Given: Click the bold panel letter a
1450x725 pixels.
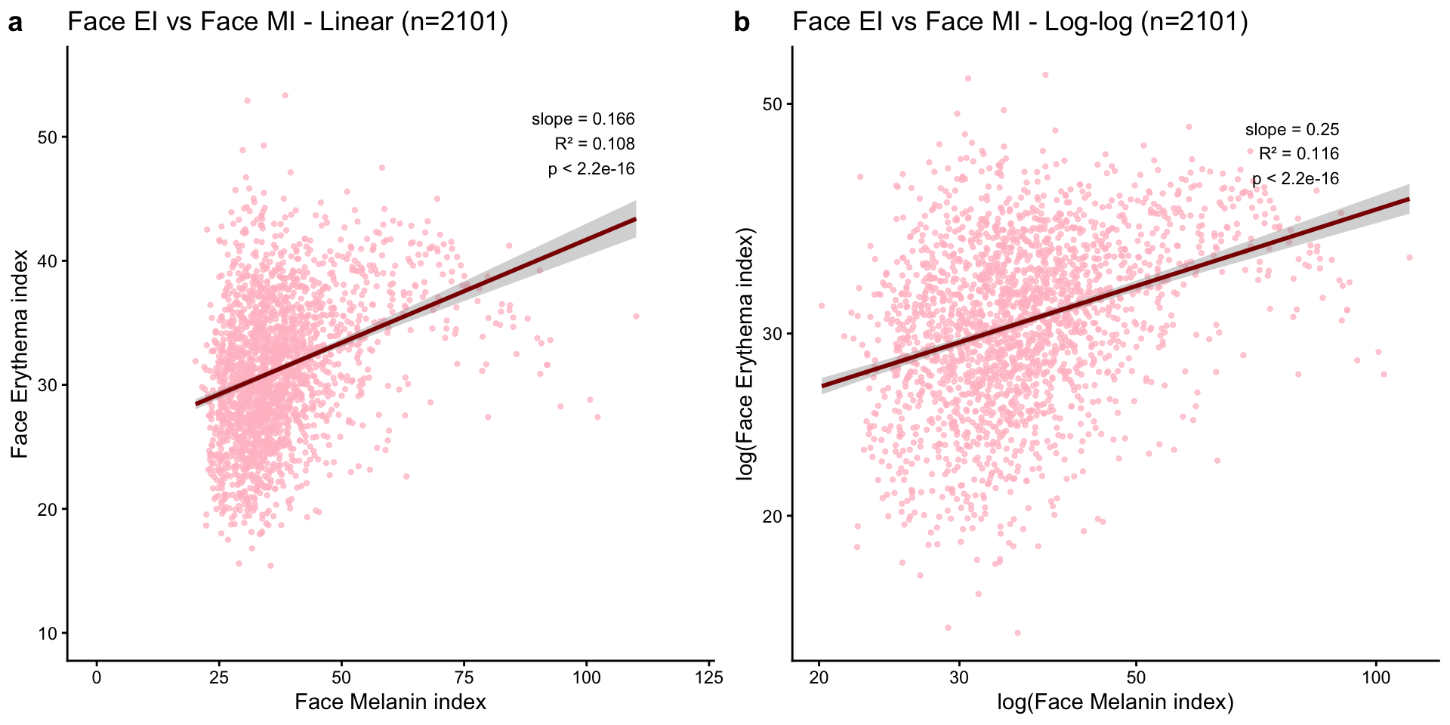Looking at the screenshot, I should click(x=15, y=23).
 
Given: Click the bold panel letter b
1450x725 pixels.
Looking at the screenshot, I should click(x=742, y=23).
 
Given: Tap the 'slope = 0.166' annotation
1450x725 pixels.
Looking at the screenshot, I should click(x=583, y=119).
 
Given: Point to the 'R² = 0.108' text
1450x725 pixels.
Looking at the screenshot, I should click(x=594, y=143).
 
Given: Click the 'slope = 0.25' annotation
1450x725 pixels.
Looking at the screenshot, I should click(x=1292, y=130).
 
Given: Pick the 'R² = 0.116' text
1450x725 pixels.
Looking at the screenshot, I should click(x=1299, y=154).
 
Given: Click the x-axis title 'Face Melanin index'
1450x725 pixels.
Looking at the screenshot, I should click(x=390, y=702).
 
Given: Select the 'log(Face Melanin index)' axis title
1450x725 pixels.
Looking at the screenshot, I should click(x=1115, y=702).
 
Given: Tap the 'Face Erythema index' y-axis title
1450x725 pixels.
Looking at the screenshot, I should click(x=20, y=353).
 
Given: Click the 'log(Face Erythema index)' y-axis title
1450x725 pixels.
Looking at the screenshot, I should click(x=746, y=353).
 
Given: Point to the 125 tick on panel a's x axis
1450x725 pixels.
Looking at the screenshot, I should click(x=710, y=678).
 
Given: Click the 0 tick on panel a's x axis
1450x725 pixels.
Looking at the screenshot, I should click(x=97, y=678).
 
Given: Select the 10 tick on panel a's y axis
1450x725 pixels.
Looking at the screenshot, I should click(x=48, y=634).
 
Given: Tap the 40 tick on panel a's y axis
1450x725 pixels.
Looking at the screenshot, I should click(x=48, y=261).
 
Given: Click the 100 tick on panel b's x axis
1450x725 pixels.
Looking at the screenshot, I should click(x=1376, y=678).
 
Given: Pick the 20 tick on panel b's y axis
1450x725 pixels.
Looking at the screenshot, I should click(x=772, y=517).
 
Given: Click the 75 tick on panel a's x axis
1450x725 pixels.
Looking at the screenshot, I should click(x=464, y=678).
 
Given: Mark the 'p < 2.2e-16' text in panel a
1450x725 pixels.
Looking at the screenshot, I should click(x=591, y=169).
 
